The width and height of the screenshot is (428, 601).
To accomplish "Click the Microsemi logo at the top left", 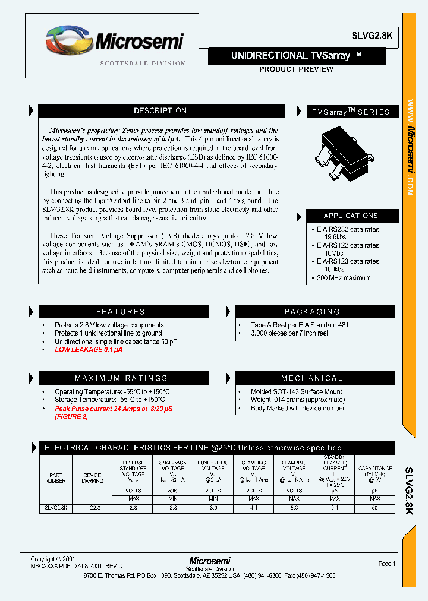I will tap(115, 43).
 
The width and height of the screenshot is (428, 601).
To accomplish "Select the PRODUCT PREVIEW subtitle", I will tap(296, 69).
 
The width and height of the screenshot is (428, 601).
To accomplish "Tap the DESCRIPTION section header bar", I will tap(160, 111).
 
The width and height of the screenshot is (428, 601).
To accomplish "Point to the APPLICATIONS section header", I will tap(351, 216).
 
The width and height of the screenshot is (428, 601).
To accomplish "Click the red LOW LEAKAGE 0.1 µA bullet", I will tap(89, 350).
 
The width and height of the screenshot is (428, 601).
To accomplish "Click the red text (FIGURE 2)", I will tap(71, 417).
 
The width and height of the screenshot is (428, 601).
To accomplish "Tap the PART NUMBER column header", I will tap(56, 477).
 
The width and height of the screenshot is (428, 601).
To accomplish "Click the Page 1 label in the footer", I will tap(386, 564).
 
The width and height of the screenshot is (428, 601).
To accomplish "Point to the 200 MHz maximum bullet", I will tap(343, 278).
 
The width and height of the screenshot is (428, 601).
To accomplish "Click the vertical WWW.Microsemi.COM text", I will tap(410, 148).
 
